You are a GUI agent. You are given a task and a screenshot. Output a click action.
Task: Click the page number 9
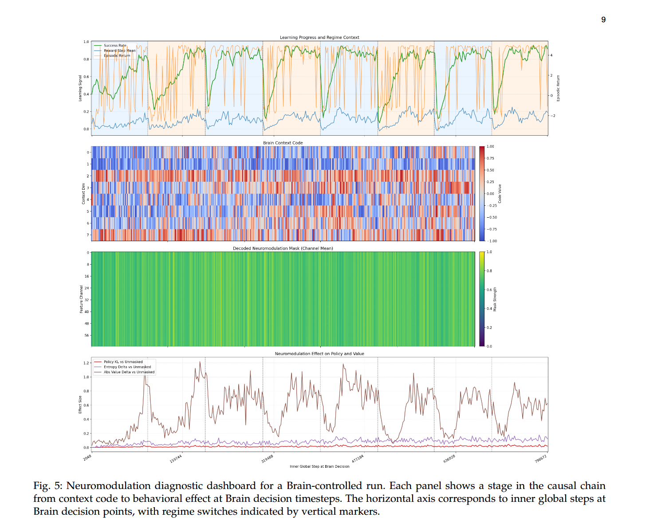(603, 20)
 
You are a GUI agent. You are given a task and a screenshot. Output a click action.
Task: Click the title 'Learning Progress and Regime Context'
(319, 38)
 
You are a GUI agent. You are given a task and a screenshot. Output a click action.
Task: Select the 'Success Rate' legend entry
(115, 46)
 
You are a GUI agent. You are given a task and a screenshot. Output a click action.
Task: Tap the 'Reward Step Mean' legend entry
(119, 51)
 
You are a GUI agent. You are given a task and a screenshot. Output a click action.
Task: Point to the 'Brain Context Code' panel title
(283, 143)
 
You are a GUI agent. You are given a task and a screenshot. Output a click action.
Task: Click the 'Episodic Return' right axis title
(558, 88)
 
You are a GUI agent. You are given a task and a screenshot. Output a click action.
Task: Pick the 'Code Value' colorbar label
(500, 194)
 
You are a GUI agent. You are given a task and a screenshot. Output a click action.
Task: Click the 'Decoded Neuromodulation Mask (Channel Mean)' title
(283, 248)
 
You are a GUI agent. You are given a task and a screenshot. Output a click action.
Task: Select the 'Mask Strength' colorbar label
(495, 299)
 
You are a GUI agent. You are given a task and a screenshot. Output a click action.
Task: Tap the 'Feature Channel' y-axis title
(81, 299)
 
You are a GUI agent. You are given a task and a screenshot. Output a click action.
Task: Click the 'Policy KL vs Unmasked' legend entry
(123, 362)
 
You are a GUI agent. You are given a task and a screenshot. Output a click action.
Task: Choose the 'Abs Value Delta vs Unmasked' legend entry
(129, 372)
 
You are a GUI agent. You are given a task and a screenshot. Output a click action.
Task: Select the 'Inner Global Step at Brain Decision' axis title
(319, 466)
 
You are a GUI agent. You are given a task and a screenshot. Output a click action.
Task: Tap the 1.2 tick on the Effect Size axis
(86, 363)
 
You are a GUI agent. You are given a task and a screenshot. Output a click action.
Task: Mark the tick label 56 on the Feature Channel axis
(87, 336)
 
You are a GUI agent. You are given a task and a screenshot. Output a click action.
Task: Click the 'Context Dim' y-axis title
(83, 194)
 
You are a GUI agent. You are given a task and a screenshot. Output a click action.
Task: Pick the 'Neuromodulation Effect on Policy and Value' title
(319, 354)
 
